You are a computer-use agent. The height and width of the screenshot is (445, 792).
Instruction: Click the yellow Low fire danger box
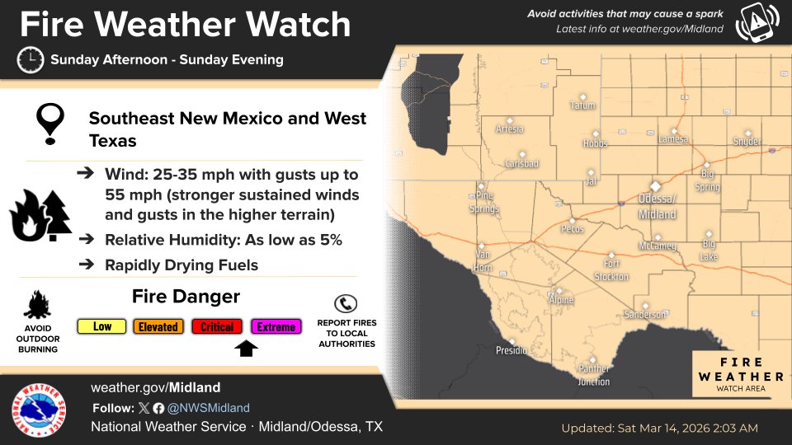point(102,327)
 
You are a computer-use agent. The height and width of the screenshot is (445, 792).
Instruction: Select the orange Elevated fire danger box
point(158,327)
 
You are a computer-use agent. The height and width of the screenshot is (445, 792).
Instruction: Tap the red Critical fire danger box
point(217,327)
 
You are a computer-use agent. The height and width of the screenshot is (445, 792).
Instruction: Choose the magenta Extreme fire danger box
point(276,327)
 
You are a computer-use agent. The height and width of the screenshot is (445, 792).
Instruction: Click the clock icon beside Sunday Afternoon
point(31,60)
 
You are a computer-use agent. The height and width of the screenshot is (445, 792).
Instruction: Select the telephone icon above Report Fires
point(346,302)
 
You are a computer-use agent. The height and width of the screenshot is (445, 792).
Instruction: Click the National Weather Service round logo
point(39,410)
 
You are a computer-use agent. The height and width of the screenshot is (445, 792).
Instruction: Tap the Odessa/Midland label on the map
point(657,207)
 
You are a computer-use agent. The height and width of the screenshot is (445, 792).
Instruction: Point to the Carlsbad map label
point(521,163)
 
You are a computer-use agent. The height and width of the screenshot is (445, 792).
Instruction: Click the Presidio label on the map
point(511,350)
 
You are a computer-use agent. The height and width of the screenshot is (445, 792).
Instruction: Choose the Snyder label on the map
point(747,142)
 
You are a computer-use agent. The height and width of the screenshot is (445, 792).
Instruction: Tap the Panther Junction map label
point(594,375)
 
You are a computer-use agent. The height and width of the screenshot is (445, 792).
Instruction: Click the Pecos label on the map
point(572,229)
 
